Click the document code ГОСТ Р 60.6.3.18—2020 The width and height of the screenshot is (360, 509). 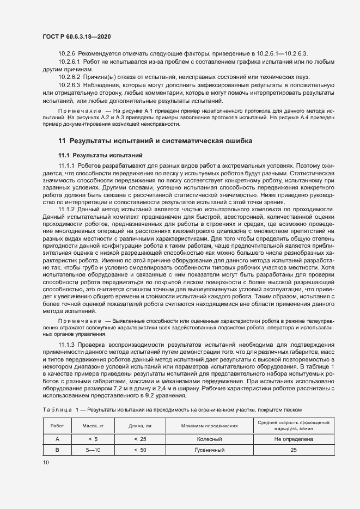coord(78,36)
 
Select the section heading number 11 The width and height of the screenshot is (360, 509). coord(62,141)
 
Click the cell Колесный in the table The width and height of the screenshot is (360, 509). coord(206,438)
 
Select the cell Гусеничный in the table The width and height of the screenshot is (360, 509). coord(206,450)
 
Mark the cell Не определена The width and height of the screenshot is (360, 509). coord(294,438)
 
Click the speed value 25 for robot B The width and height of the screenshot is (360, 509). coord(294,450)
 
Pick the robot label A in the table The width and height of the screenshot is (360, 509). coord(57,438)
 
